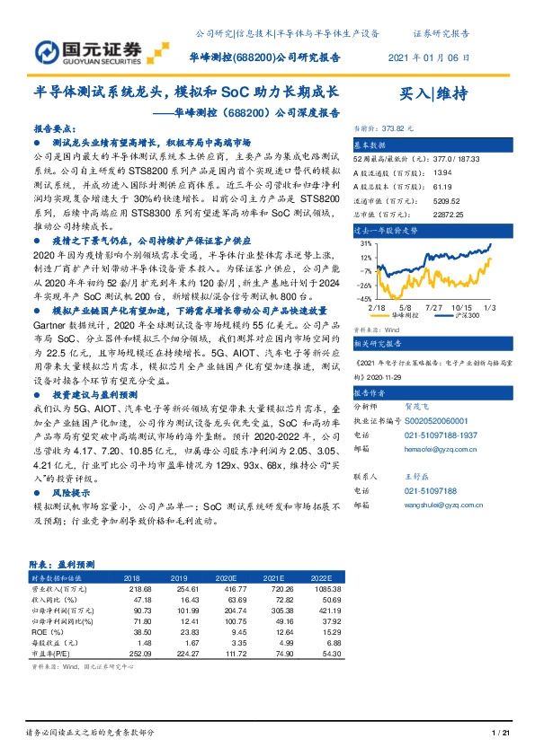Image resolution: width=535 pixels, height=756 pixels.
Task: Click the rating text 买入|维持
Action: pyautogui.click(x=433, y=94)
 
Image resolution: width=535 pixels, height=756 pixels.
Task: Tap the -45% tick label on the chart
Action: pyautogui.click(x=364, y=297)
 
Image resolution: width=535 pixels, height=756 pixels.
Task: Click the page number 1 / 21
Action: pyautogui.click(x=501, y=734)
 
